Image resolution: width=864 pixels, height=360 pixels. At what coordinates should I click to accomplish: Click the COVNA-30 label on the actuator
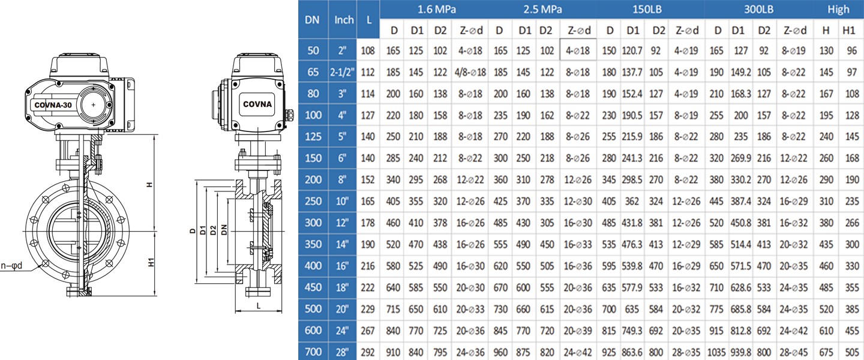(x=53, y=104)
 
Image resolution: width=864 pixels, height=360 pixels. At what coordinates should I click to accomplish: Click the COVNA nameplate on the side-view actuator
(x=257, y=104)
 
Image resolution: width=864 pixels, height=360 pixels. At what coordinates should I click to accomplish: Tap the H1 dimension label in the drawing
(x=152, y=263)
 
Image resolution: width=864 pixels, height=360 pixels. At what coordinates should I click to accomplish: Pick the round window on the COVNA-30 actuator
(x=94, y=104)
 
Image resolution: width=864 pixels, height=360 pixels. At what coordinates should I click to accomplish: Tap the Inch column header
(x=344, y=20)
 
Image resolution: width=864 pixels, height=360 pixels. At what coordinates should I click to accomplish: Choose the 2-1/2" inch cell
(x=343, y=72)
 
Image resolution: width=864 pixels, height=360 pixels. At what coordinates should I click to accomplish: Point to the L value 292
(x=368, y=352)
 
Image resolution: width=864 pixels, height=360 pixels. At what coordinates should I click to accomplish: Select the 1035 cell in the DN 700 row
(x=716, y=352)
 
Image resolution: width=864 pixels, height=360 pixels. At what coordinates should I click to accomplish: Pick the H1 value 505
(x=849, y=352)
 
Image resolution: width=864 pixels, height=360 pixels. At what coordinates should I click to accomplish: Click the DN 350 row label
(x=313, y=244)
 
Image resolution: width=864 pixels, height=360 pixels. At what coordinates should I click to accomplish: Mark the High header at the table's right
(x=838, y=9)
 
